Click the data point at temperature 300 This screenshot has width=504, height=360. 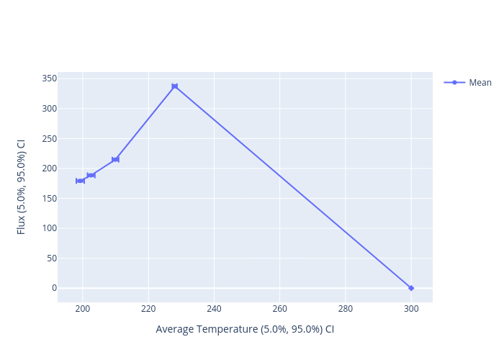point(411,288)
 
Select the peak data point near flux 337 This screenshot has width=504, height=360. point(174,86)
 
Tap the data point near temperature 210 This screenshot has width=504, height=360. point(115,159)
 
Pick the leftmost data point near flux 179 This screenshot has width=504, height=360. point(80,181)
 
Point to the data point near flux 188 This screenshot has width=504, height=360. point(91,175)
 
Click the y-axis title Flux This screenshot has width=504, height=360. point(22,186)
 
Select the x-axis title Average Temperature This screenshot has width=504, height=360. point(245,329)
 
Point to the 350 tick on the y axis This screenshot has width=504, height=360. point(49,78)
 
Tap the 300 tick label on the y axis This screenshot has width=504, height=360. point(49,109)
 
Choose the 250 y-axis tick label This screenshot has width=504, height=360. point(49,138)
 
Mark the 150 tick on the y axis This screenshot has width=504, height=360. point(49,198)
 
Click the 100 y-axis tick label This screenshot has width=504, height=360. point(49,228)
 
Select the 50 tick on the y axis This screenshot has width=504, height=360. point(51,258)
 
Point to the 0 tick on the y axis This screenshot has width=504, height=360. point(53,288)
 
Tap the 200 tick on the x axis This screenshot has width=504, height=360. point(83,309)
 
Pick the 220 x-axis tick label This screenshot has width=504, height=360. point(148,309)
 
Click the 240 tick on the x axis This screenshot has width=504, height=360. point(214,309)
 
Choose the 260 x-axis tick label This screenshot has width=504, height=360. point(279,309)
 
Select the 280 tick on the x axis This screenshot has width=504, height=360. point(345,309)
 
